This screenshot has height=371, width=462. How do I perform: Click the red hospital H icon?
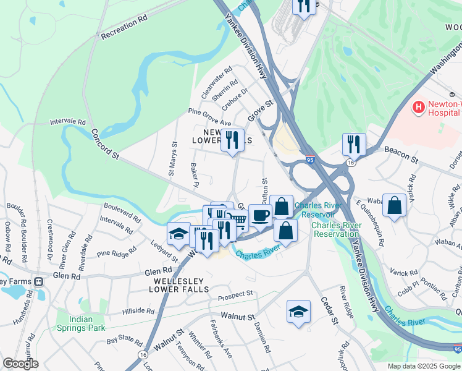[x=419, y=108]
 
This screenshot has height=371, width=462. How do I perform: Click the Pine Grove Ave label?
[x=209, y=112]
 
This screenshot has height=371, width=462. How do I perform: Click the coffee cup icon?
[x=260, y=215]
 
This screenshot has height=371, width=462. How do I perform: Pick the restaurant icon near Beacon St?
[x=354, y=145]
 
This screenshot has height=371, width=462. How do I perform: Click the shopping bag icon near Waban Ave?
[x=394, y=205]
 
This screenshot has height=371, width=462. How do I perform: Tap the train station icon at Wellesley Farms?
[x=39, y=281]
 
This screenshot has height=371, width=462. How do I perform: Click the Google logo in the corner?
[x=20, y=364]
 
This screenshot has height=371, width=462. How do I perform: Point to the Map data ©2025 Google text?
[x=423, y=366]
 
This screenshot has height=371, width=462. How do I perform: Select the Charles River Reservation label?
[x=335, y=229]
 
